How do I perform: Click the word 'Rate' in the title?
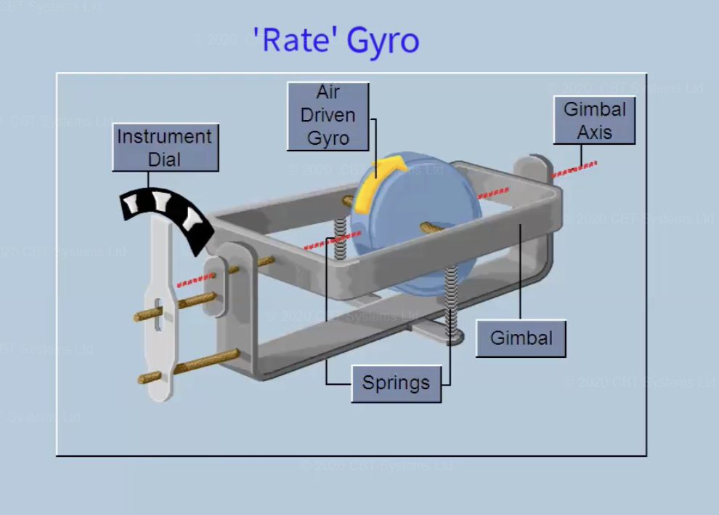click(296, 40)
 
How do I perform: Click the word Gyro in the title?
click(383, 41)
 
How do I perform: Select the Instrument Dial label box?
click(165, 148)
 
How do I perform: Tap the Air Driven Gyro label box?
click(328, 116)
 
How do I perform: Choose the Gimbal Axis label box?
click(594, 121)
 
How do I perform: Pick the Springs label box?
click(396, 383)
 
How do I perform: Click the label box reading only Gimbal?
click(521, 338)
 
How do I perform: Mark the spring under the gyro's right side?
click(452, 298)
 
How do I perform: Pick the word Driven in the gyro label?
click(328, 116)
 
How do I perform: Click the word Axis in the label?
click(595, 133)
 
